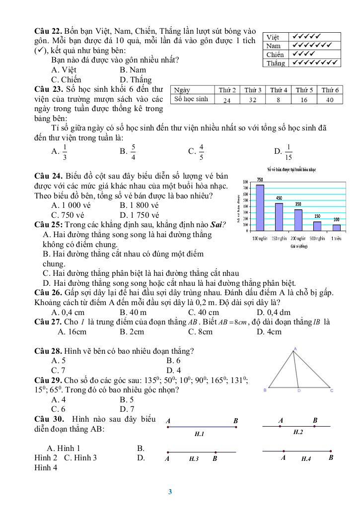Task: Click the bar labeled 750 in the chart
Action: tap(260, 207)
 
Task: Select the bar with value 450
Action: tap(279, 216)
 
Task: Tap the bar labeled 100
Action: tap(337, 227)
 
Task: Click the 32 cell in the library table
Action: tap(253, 100)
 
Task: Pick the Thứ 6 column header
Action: tap(330, 90)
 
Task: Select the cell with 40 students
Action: tap(330, 100)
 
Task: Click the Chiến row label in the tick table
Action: tap(275, 55)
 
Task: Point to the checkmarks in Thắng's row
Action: tap(315, 63)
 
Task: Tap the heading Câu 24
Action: tap(48, 176)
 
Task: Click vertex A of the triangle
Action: tap(295, 349)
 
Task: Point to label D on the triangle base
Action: tap(299, 391)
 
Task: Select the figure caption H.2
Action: tap(298, 433)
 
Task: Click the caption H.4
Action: tap(306, 459)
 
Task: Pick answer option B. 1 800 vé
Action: tap(139, 205)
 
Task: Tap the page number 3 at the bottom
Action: tap(170, 492)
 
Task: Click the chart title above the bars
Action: tap(292, 170)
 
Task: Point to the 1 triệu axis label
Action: tap(337, 239)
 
